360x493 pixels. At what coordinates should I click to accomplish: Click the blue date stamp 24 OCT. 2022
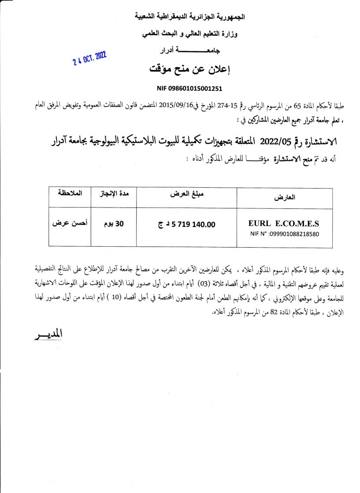pos(90,57)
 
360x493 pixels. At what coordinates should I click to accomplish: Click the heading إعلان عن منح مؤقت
pos(190,70)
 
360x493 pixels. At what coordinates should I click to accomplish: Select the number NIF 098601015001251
pos(189,88)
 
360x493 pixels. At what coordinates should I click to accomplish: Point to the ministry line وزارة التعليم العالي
pos(190,34)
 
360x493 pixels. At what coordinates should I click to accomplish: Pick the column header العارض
pos(284,197)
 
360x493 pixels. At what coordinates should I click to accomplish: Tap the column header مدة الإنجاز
pos(113,194)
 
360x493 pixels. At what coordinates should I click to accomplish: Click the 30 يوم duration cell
pos(113,223)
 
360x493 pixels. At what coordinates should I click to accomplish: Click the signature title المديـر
pos(48,334)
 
